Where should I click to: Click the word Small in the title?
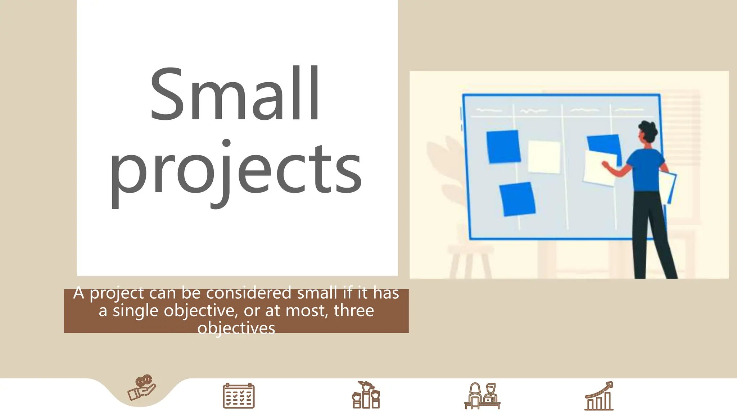[x=235, y=94]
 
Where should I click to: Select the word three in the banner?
[x=354, y=310]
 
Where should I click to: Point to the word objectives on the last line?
[x=236, y=328]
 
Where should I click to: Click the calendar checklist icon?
[x=239, y=396]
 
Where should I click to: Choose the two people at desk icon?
[x=482, y=396]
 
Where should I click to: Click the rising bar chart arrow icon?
[x=599, y=396]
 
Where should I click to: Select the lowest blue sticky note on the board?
[x=517, y=199]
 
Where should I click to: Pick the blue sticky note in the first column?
[x=503, y=147]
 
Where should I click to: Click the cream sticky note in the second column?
[x=544, y=157]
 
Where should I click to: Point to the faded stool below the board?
[x=471, y=261]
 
